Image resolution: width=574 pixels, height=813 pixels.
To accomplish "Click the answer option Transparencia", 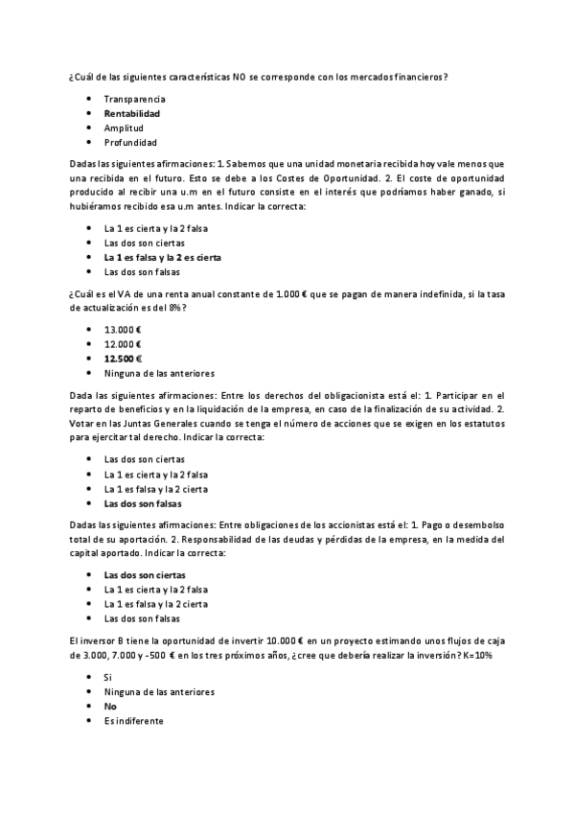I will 134,99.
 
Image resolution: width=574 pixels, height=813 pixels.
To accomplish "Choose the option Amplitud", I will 124,128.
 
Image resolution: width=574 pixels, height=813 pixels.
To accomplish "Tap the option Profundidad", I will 130,142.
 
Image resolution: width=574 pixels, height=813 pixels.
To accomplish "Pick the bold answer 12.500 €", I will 123,359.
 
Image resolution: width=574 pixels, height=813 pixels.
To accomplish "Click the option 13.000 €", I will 123,329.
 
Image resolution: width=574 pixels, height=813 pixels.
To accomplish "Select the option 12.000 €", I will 123,343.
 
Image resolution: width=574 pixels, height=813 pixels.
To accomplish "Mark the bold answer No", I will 110,706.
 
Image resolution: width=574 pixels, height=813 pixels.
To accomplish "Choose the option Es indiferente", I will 133,721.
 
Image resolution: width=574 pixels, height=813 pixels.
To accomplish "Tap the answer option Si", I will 108,677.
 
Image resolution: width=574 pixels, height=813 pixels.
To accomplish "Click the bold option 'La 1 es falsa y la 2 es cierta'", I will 162,257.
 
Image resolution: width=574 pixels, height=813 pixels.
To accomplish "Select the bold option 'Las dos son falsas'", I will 143,503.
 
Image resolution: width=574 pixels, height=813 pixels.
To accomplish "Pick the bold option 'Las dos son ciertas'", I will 145,575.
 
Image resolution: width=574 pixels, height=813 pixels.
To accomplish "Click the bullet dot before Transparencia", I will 89,99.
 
